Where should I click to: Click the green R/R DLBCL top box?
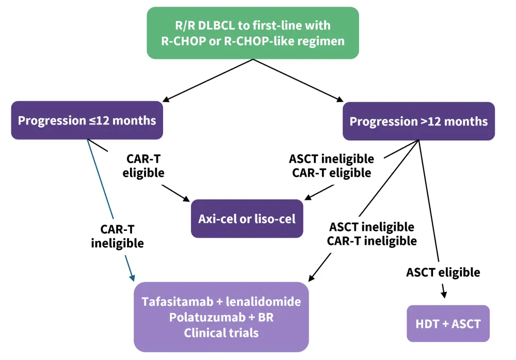tap(252, 33)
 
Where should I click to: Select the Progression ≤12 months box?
tap(87, 120)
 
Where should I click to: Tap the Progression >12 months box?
tap(418, 121)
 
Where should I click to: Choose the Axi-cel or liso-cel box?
tap(247, 218)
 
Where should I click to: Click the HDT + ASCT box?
tap(448, 324)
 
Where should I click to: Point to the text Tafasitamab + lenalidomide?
tap(221, 302)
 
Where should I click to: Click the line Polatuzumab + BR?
tap(221, 317)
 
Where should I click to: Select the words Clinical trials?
tap(221, 333)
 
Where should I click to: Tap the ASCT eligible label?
tap(443, 272)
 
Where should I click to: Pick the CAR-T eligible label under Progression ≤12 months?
tap(143, 166)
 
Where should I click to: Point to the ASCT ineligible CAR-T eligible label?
tap(331, 166)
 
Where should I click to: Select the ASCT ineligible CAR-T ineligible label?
tap(372, 233)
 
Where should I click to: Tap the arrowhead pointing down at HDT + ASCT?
tap(444, 293)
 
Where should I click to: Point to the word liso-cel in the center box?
tap(275, 218)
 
